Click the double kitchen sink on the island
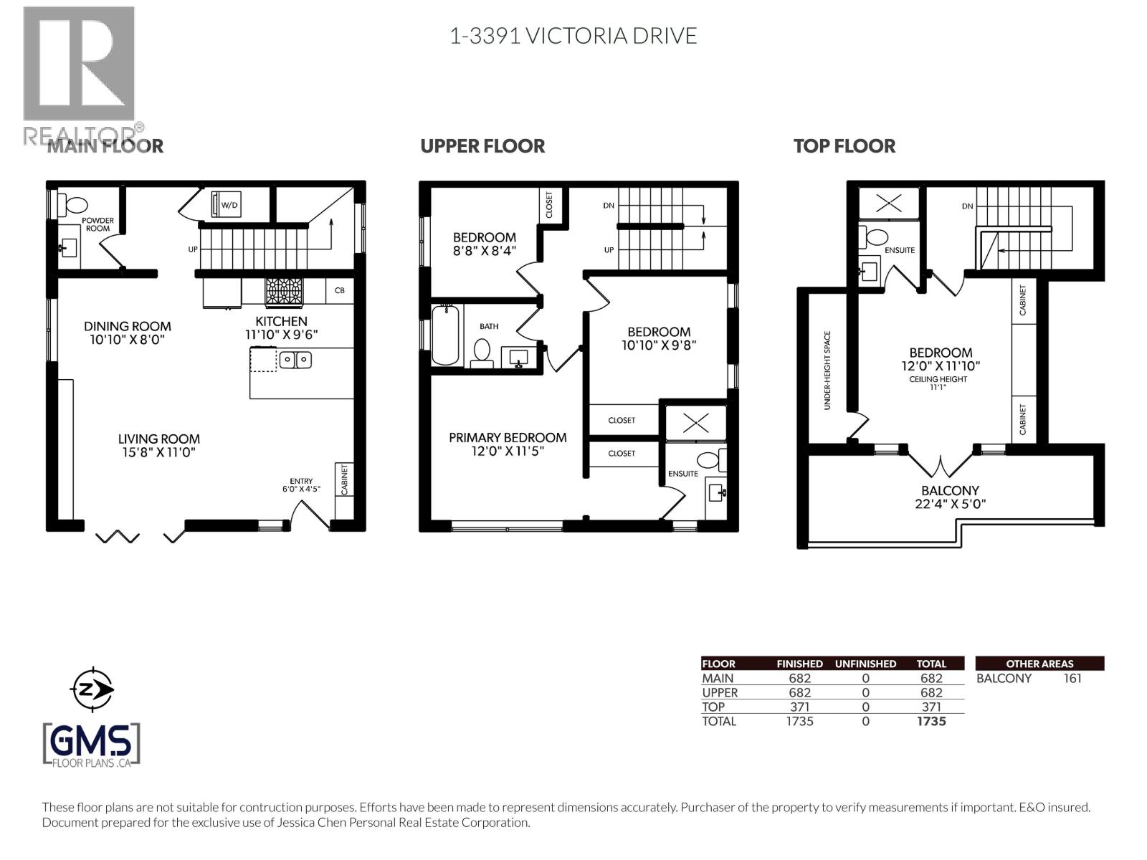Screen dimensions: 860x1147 click(x=295, y=359)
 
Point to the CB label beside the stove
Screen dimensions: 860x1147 click(x=340, y=291)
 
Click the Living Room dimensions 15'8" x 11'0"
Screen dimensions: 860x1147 click(x=158, y=452)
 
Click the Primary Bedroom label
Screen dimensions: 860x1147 click(x=508, y=437)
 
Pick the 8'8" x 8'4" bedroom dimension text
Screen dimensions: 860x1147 click(x=484, y=251)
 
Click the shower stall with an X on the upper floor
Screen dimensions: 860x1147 click(x=695, y=422)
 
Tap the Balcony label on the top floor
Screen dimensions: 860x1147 click(x=950, y=491)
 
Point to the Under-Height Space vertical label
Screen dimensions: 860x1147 click(x=827, y=370)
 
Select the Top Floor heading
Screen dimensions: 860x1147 click(x=844, y=146)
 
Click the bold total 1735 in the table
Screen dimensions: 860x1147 click(x=931, y=721)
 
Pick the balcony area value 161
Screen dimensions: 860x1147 click(x=1072, y=679)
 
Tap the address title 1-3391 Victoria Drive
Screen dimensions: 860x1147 click(x=573, y=36)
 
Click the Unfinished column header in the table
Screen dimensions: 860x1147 click(x=865, y=664)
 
